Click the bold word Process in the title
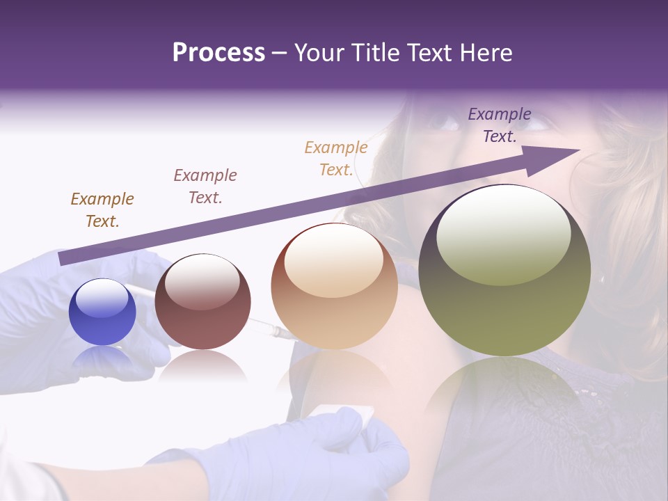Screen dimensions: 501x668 (218, 53)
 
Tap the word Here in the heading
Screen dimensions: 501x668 (485, 53)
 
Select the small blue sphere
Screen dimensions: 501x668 (102, 312)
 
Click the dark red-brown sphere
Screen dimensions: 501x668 (202, 301)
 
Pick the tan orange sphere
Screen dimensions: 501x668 (334, 286)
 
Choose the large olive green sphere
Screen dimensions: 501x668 (504, 270)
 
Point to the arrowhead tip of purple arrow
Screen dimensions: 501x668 (579, 150)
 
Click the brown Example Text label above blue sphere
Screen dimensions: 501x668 (102, 210)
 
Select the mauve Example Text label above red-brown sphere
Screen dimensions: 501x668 (205, 186)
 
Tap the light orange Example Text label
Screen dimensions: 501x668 (336, 159)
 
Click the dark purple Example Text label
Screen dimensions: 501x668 (500, 125)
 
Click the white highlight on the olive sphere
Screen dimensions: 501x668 (503, 233)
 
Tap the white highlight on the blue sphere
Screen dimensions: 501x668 (102, 298)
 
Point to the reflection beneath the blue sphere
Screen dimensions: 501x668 (102, 358)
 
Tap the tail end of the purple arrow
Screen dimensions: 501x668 (63, 259)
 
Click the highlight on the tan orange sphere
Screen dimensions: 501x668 (333, 261)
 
